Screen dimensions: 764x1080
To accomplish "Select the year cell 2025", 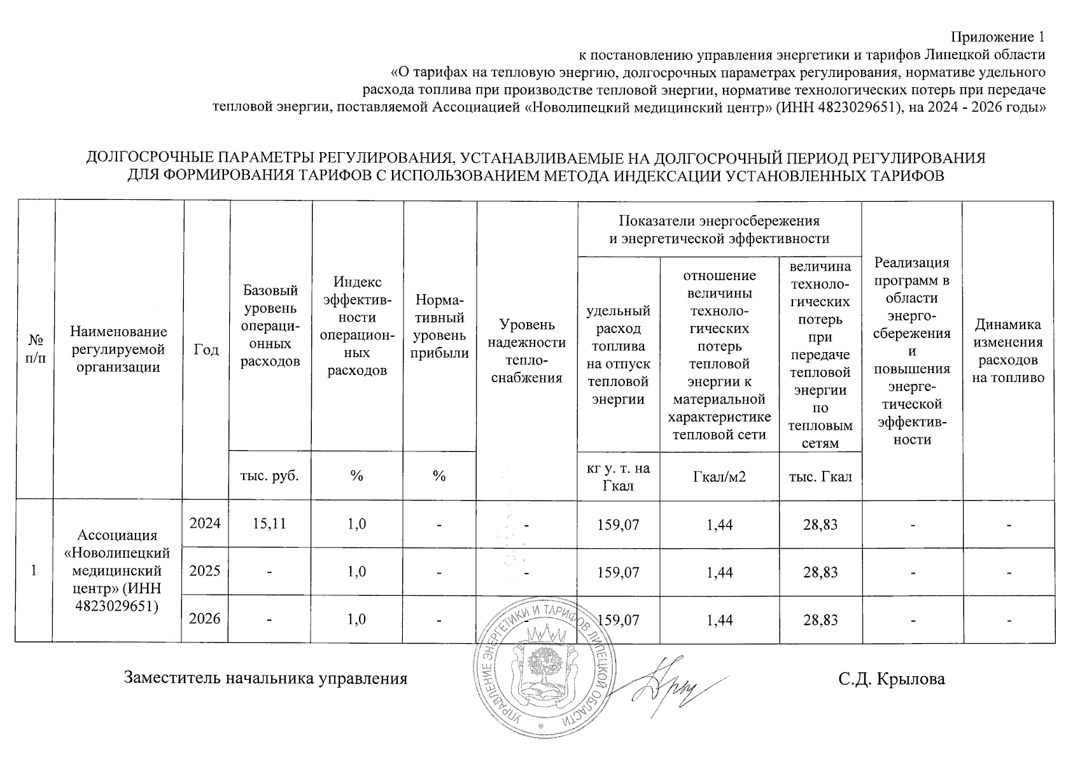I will (205, 570).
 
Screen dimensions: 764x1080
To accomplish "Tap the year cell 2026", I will (205, 618).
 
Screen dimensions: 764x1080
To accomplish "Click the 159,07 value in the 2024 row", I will (618, 525).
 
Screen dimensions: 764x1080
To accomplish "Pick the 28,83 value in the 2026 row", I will (820, 619).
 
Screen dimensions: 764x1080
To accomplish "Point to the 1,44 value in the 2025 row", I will (720, 572).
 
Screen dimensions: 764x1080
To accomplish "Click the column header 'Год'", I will (206, 350).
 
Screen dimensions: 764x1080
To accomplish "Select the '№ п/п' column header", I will (35, 350).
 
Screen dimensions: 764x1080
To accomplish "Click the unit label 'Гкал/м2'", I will (720, 476).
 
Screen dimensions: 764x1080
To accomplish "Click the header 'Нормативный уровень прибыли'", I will (439, 327).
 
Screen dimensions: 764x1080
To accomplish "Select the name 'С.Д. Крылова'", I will (892, 679).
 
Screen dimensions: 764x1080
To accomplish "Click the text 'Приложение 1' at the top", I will (998, 37).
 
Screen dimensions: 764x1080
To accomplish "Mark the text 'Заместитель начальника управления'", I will (265, 678).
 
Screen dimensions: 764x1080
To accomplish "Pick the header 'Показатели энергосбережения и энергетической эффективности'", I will (719, 230).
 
